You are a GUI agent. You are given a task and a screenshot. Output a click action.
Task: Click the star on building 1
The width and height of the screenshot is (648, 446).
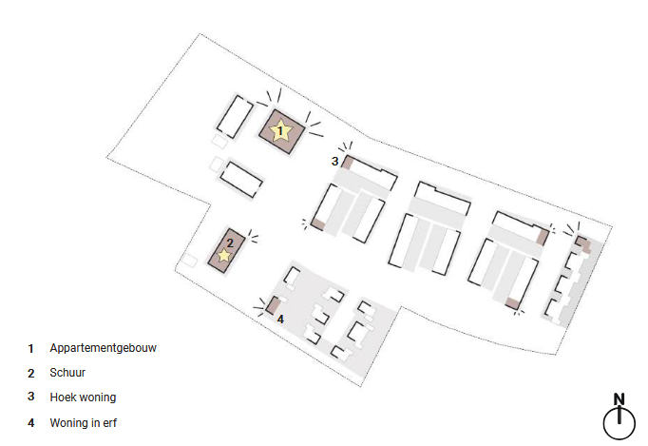[280, 131]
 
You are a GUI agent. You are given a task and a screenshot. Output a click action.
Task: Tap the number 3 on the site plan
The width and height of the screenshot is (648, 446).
[334, 162]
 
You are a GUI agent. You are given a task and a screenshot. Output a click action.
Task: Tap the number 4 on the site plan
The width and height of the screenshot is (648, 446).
[280, 319]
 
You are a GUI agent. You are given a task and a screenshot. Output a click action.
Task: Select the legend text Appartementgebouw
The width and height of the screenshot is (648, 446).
[103, 348]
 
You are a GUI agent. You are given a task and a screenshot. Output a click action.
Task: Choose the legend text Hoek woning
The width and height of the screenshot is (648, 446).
[83, 397]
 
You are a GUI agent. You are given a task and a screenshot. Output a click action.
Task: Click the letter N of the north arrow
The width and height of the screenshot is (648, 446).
[619, 399]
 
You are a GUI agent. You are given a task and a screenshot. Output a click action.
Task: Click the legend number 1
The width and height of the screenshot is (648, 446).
[31, 349]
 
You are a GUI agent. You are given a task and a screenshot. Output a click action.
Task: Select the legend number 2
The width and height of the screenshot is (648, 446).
[31, 373]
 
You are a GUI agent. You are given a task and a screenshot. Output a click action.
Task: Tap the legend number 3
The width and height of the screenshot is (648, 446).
[31, 398]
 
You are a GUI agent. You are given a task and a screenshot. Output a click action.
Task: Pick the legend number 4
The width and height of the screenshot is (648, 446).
[31, 421]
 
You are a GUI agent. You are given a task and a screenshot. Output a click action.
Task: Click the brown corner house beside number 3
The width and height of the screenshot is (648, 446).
[348, 163]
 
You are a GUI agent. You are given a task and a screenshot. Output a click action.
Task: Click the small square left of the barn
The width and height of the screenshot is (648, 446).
[191, 260]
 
